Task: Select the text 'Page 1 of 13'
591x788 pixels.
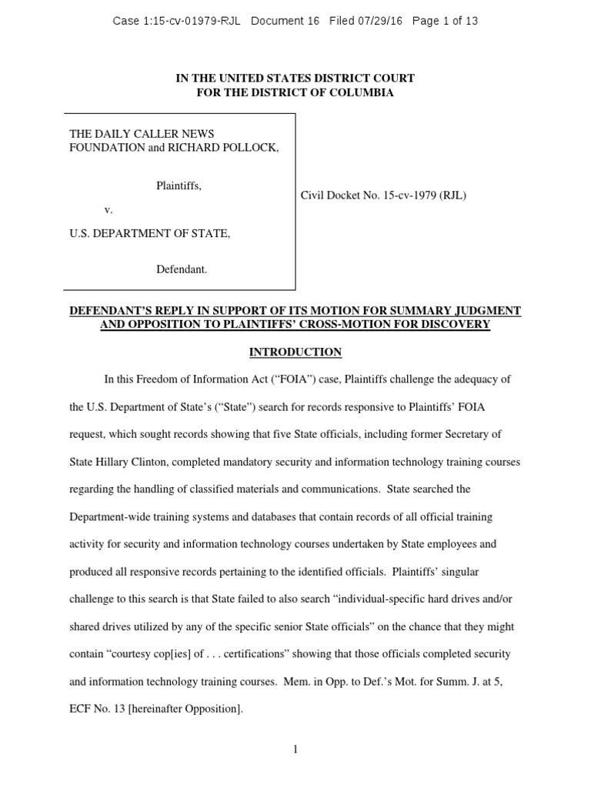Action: click(x=445, y=21)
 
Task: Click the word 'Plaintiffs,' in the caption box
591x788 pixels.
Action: click(x=179, y=185)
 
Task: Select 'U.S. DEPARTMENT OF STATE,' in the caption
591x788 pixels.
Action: click(x=150, y=233)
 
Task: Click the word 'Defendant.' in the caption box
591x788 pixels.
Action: click(x=182, y=269)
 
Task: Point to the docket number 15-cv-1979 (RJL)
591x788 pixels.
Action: click(x=414, y=195)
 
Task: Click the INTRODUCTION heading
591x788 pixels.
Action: click(x=295, y=352)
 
